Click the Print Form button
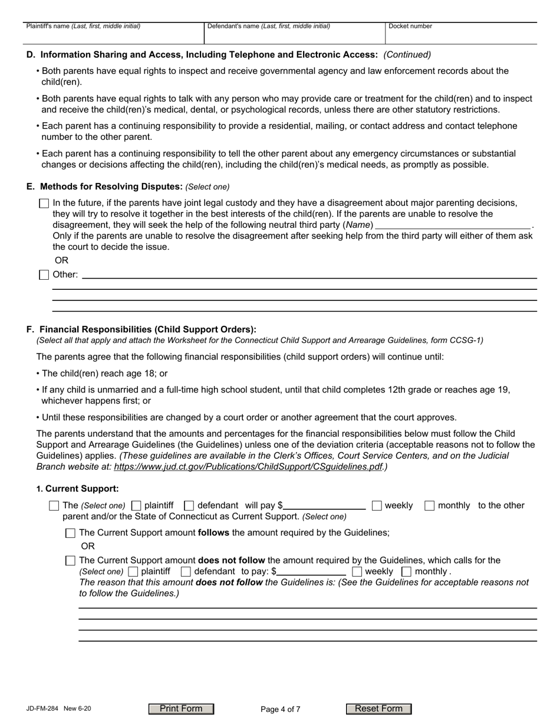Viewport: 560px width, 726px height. pos(181,709)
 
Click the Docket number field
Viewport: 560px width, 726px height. pos(460,35)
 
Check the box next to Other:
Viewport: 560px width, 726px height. pos(44,274)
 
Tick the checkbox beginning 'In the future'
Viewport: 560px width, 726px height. pos(44,203)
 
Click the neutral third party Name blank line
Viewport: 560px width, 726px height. pos(453,225)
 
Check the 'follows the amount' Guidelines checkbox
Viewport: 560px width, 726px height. pos(70,533)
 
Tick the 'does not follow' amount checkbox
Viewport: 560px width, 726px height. pos(70,561)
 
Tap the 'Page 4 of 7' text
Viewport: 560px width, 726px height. pos(281,709)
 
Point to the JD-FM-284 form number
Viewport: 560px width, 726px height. pos(42,709)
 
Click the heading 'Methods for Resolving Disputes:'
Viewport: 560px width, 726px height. pos(111,187)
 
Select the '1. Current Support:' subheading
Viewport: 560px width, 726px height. pos(77,489)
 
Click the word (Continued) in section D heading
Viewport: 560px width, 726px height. pos(407,55)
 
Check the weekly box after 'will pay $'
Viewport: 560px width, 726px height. pos(377,505)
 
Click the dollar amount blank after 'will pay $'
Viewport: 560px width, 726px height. pos(325,505)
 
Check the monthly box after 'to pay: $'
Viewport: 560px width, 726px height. pos(406,571)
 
